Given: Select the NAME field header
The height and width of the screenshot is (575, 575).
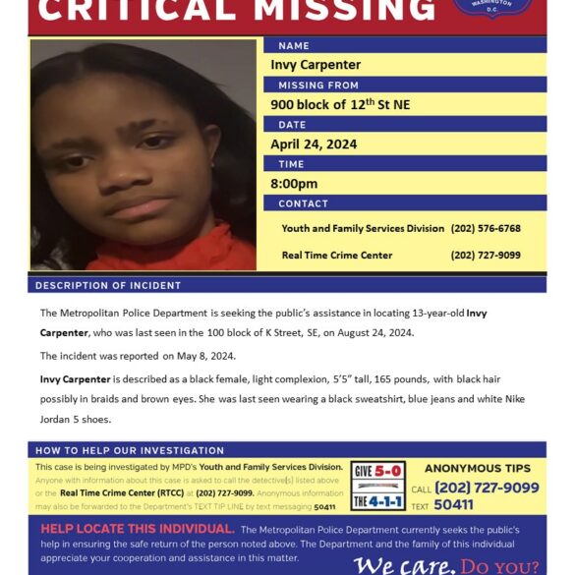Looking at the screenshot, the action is click(x=294, y=45).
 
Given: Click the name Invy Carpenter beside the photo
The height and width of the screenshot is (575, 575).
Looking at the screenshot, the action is click(x=316, y=65).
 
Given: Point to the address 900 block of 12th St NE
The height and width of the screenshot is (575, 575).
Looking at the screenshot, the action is click(x=340, y=104).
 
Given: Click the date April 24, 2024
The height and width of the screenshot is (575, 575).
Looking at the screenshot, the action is click(x=314, y=144).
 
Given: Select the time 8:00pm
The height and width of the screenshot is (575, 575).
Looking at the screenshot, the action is click(x=294, y=184).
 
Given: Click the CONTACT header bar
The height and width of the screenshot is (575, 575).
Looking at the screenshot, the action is click(x=303, y=203).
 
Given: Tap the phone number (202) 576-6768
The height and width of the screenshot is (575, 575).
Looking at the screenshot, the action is click(x=486, y=228).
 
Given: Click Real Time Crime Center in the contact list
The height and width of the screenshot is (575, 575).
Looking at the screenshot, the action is click(x=336, y=255).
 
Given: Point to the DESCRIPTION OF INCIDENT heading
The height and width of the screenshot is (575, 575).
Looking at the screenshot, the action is click(x=108, y=285).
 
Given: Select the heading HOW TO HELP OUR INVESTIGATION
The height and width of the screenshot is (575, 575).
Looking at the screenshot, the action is click(x=130, y=450).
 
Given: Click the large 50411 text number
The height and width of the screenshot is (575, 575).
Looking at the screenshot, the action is click(x=453, y=504).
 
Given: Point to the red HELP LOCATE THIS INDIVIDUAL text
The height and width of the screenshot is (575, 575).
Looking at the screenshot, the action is click(x=137, y=529).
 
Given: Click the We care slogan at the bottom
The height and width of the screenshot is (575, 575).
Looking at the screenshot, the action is click(x=404, y=565).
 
